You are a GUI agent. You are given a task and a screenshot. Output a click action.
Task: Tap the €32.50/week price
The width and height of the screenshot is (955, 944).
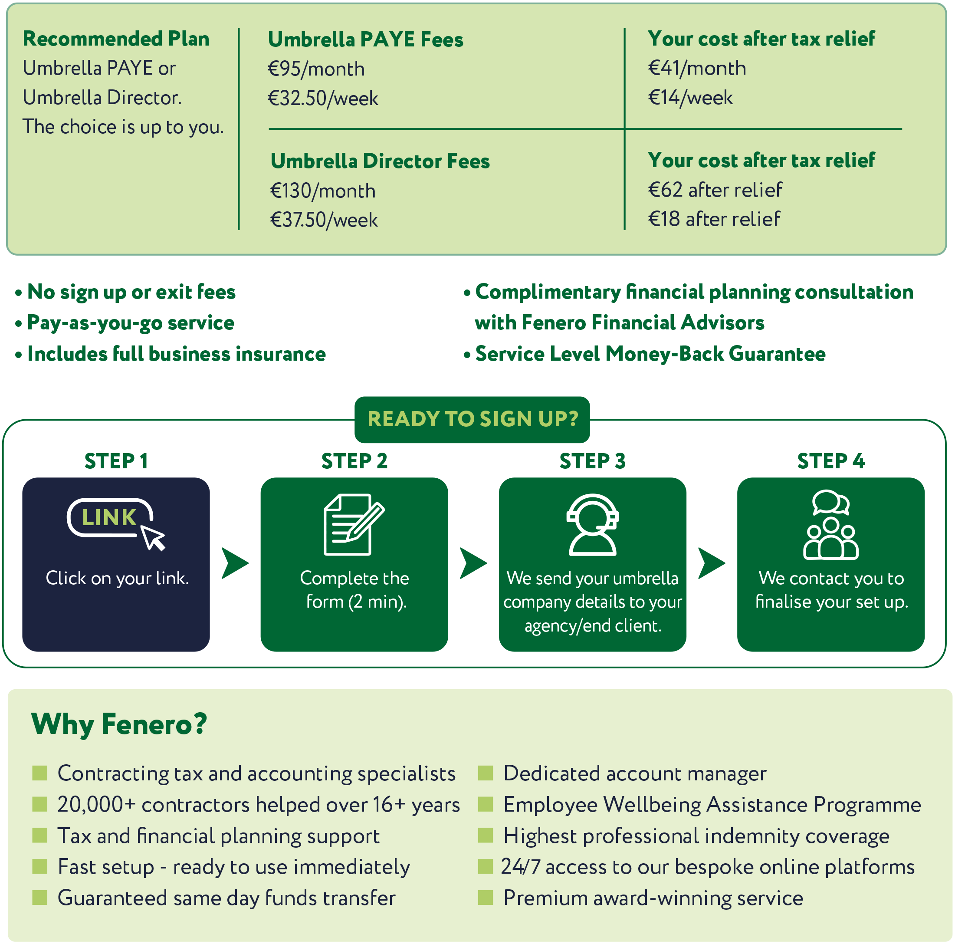coord(323,99)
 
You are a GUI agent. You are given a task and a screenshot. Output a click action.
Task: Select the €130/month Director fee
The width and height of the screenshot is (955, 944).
coord(323,191)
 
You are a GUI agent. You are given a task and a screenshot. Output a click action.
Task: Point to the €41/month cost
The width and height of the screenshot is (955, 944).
coord(696,68)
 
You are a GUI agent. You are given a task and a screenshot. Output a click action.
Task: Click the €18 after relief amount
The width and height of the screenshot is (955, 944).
coord(713,219)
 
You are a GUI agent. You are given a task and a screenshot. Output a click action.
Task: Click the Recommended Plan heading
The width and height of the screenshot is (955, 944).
coord(116,39)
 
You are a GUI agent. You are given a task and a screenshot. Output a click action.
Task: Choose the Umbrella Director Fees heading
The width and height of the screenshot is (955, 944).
coord(380,161)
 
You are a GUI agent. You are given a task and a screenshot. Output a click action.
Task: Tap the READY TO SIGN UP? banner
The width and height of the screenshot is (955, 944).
coord(472,419)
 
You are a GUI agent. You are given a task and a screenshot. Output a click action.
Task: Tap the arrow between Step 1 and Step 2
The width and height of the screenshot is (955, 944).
coord(234,563)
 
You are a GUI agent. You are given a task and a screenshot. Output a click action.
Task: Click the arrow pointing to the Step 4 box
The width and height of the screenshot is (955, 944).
coord(711,563)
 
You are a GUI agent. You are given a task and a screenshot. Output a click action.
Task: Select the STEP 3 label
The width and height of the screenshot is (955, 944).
coord(592,461)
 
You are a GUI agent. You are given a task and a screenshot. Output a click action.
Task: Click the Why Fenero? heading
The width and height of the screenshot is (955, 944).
coord(118,725)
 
